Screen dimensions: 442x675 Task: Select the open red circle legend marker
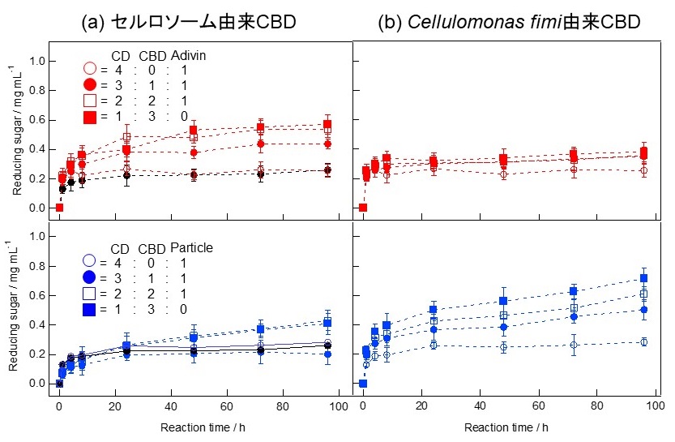click(x=90, y=70)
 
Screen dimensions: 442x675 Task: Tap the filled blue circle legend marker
click(x=90, y=277)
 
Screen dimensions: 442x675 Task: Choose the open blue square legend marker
click(x=90, y=292)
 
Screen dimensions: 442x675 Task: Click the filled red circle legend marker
click(x=90, y=85)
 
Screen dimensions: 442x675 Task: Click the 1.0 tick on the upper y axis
click(x=36, y=61)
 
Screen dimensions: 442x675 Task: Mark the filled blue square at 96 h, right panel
click(x=644, y=278)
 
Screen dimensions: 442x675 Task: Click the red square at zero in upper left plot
click(x=59, y=208)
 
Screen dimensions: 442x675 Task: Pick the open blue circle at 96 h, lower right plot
click(x=644, y=342)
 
